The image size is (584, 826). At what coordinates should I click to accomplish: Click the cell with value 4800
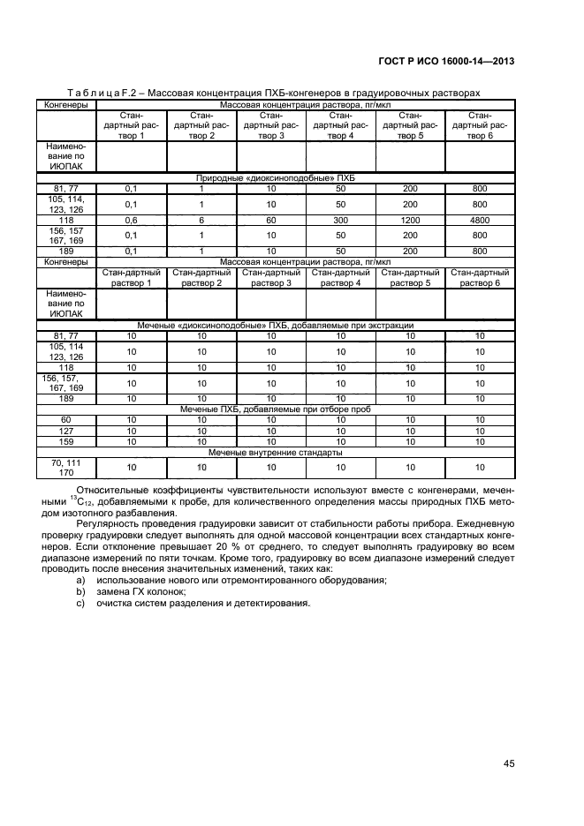click(x=480, y=220)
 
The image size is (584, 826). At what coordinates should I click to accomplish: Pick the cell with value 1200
click(x=410, y=220)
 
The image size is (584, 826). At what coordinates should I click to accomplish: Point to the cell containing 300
click(x=341, y=220)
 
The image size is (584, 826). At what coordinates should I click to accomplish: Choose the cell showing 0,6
click(x=132, y=220)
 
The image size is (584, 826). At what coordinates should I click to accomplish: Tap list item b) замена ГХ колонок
click(x=141, y=591)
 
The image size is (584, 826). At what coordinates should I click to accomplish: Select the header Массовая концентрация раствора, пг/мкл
click(x=305, y=104)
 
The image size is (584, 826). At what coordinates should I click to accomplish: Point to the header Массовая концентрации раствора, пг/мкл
click(x=305, y=262)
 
